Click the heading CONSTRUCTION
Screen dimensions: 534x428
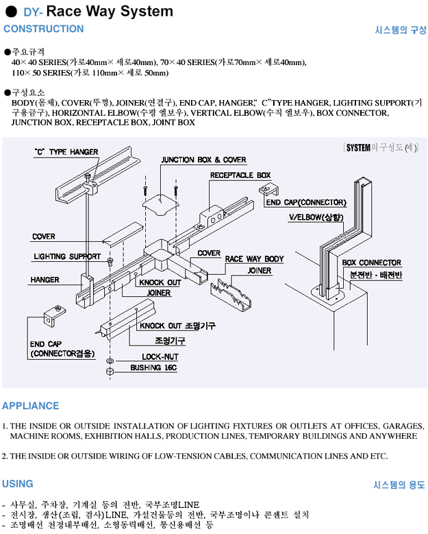[x=44, y=29]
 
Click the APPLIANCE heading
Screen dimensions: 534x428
[x=30, y=405]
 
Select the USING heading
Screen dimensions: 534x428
[x=17, y=484]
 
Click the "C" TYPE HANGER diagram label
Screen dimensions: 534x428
[x=66, y=152]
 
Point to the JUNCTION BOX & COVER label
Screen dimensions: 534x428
[x=203, y=160]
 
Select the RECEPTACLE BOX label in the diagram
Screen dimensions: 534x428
[x=240, y=175]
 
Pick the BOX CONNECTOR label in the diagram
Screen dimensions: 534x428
[x=371, y=263]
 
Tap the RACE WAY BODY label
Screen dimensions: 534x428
[x=254, y=259]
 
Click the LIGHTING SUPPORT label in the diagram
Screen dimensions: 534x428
[x=67, y=256]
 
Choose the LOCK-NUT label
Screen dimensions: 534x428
[x=160, y=357]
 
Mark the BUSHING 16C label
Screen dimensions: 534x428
[x=153, y=368]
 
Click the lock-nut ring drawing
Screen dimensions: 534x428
[x=110, y=361]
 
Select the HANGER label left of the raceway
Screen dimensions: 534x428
[x=45, y=280]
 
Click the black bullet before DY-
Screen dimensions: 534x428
[x=10, y=12]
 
